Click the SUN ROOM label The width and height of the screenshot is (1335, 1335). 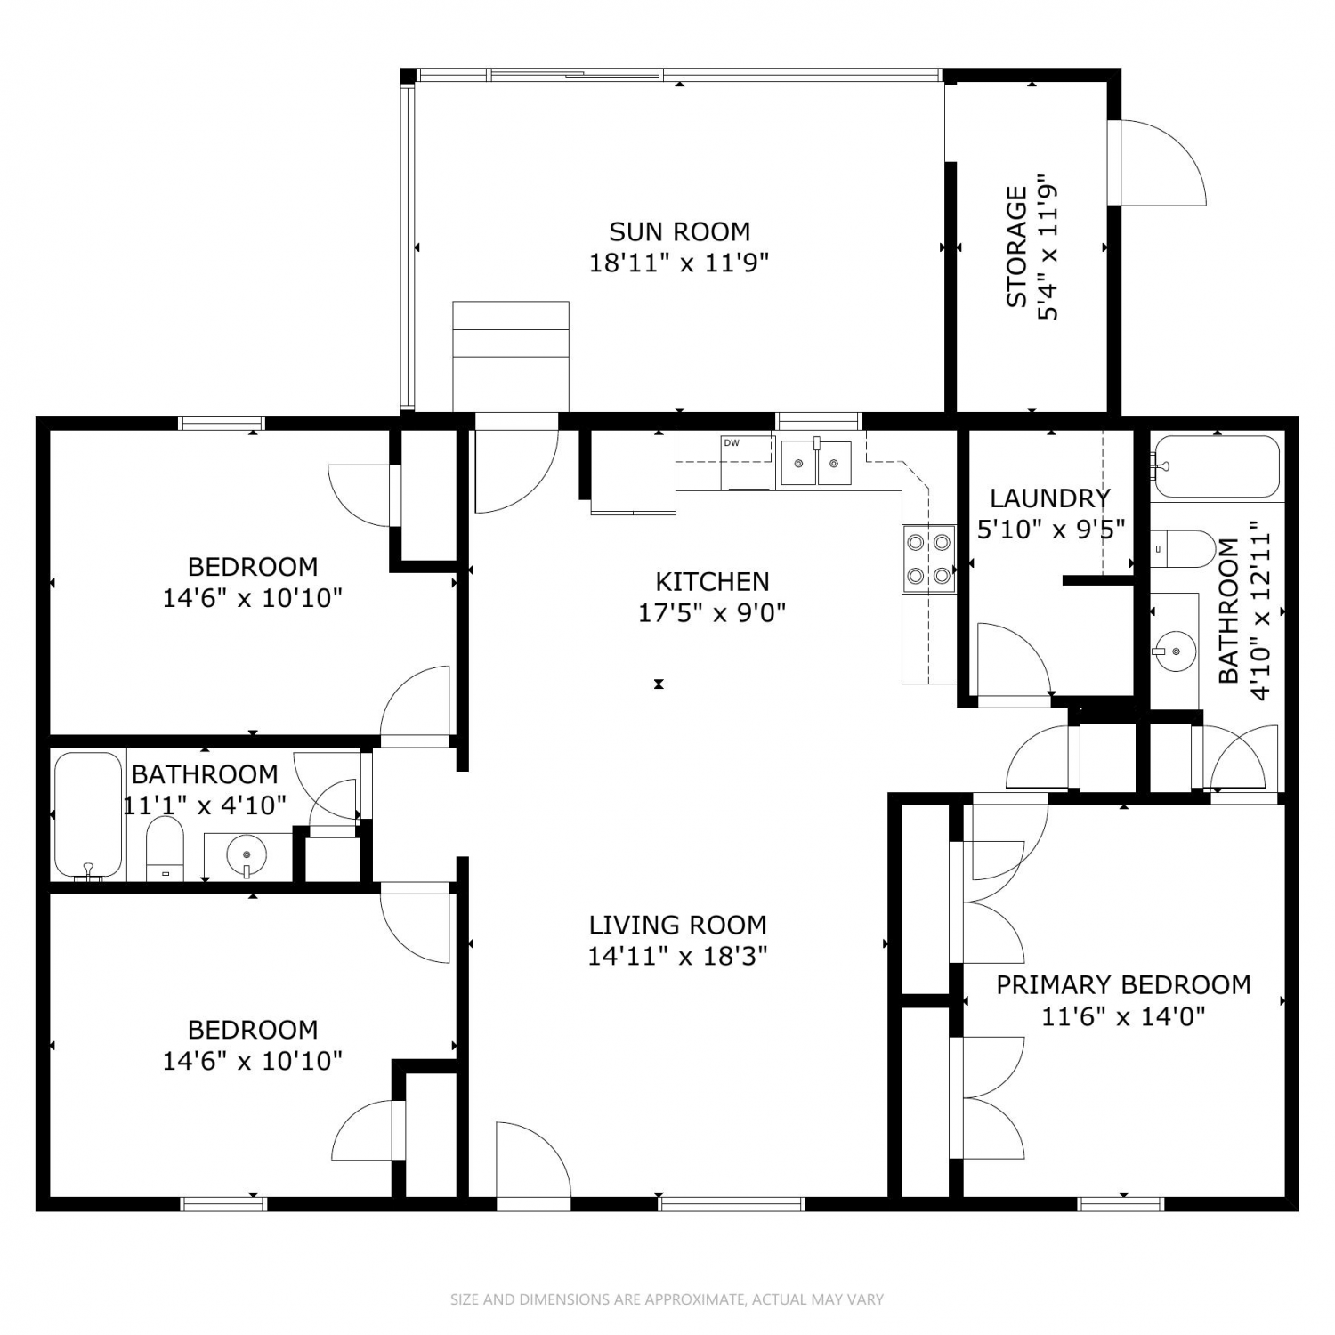click(679, 231)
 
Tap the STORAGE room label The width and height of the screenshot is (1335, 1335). click(1016, 247)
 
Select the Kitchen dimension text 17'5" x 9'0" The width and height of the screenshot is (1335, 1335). click(712, 612)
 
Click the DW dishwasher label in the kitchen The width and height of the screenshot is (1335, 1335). click(732, 442)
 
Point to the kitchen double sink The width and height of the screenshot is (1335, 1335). click(816, 463)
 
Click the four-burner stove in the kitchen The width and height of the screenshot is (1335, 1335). click(929, 560)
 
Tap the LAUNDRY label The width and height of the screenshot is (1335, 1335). click(1050, 498)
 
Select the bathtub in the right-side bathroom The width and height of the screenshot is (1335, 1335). click(1217, 466)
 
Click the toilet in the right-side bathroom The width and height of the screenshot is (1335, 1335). click(1183, 550)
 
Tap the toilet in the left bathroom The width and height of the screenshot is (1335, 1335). click(164, 849)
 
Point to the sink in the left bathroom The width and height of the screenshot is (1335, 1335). click(247, 856)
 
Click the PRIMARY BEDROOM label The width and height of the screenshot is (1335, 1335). click(1123, 984)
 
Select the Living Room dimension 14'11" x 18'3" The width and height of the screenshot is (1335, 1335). click(677, 956)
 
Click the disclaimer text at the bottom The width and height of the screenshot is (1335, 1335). click(667, 1299)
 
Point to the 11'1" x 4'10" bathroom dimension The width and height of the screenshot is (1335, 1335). click(205, 805)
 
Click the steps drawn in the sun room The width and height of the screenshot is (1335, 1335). click(511, 356)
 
